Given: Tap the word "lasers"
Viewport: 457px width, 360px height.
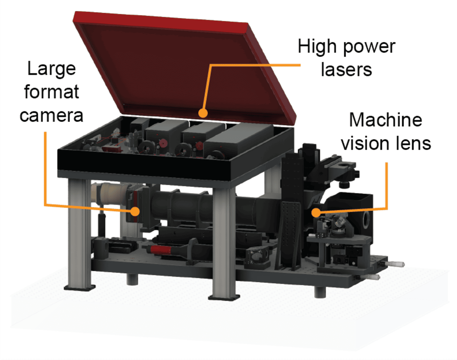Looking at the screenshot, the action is tap(346, 70).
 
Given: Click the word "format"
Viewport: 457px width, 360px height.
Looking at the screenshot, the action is tap(51, 92).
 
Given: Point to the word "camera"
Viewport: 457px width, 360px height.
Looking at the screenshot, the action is tap(51, 116).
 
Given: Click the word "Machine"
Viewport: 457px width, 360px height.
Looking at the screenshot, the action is tap(385, 120).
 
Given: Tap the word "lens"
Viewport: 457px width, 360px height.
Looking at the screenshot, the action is tap(415, 143).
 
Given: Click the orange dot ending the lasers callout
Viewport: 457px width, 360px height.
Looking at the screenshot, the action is tap(203, 113).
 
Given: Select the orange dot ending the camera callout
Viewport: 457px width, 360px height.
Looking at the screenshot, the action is tap(135, 212).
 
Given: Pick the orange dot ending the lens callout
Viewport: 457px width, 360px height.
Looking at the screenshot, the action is tap(316, 212).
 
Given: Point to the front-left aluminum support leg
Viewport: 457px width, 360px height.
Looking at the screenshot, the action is tap(80, 234).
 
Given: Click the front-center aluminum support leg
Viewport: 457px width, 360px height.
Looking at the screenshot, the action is tap(224, 242).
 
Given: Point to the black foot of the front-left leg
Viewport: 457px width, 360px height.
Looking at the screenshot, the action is tap(80, 288).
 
